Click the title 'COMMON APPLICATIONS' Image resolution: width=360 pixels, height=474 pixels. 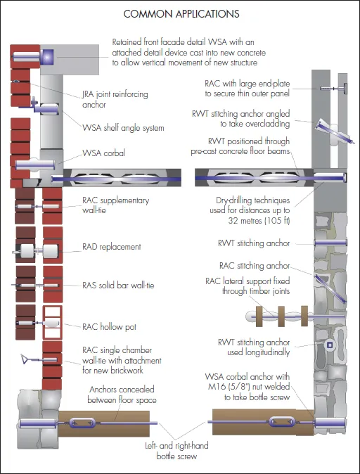[181, 14]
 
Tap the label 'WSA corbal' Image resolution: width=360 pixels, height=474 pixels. [103, 153]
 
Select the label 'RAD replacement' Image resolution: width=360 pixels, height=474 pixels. [112, 247]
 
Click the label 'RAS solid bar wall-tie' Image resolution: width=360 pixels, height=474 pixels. [118, 285]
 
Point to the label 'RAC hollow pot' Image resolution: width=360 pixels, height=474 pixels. [109, 327]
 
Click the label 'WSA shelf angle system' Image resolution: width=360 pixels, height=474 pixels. [123, 128]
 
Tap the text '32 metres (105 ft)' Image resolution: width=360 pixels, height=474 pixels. [259, 220]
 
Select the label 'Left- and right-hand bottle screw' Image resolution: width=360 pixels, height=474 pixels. [176, 451]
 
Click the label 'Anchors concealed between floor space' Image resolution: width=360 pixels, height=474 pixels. [122, 395]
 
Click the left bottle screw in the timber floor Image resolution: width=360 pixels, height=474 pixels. [82, 423]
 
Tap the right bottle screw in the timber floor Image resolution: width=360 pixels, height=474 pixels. [282, 421]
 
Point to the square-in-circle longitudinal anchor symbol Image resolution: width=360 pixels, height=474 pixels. [330, 345]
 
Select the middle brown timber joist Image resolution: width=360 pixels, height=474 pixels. [281, 316]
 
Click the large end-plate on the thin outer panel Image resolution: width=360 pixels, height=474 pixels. [345, 89]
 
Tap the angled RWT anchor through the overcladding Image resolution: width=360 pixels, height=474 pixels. [334, 132]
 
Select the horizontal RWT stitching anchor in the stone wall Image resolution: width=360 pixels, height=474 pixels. [330, 243]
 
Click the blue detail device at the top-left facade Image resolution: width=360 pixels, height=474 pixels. [47, 57]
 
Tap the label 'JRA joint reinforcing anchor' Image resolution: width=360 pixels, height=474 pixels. [115, 99]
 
